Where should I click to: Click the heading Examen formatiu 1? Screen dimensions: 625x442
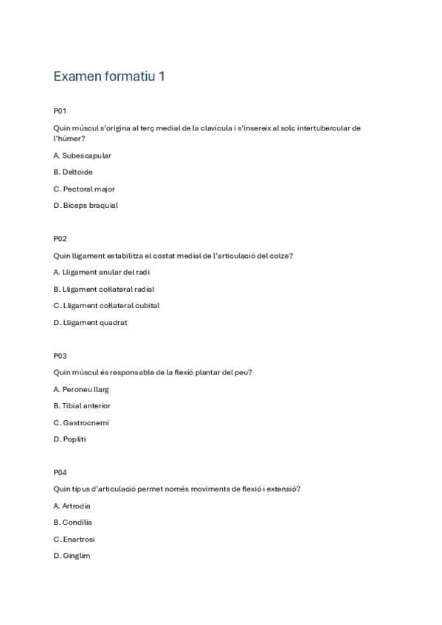[108, 77]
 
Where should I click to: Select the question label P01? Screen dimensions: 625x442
[60, 111]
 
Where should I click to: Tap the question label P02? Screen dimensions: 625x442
[60, 239]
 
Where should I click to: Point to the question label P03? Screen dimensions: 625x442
[60, 356]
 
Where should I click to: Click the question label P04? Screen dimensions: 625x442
[60, 472]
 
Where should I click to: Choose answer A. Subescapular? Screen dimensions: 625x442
[82, 156]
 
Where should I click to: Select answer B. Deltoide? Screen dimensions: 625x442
[73, 172]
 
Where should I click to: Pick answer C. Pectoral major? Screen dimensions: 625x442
[84, 189]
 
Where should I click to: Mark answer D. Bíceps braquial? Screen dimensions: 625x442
[86, 206]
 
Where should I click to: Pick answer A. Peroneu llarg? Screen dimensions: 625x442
[81, 389]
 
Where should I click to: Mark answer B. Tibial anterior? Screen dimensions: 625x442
[82, 406]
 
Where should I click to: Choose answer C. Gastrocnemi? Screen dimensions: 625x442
[81, 423]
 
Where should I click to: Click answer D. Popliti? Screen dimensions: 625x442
[70, 439]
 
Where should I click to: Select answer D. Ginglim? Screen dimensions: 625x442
[72, 556]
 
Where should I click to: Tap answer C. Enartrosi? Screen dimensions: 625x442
[74, 540]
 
